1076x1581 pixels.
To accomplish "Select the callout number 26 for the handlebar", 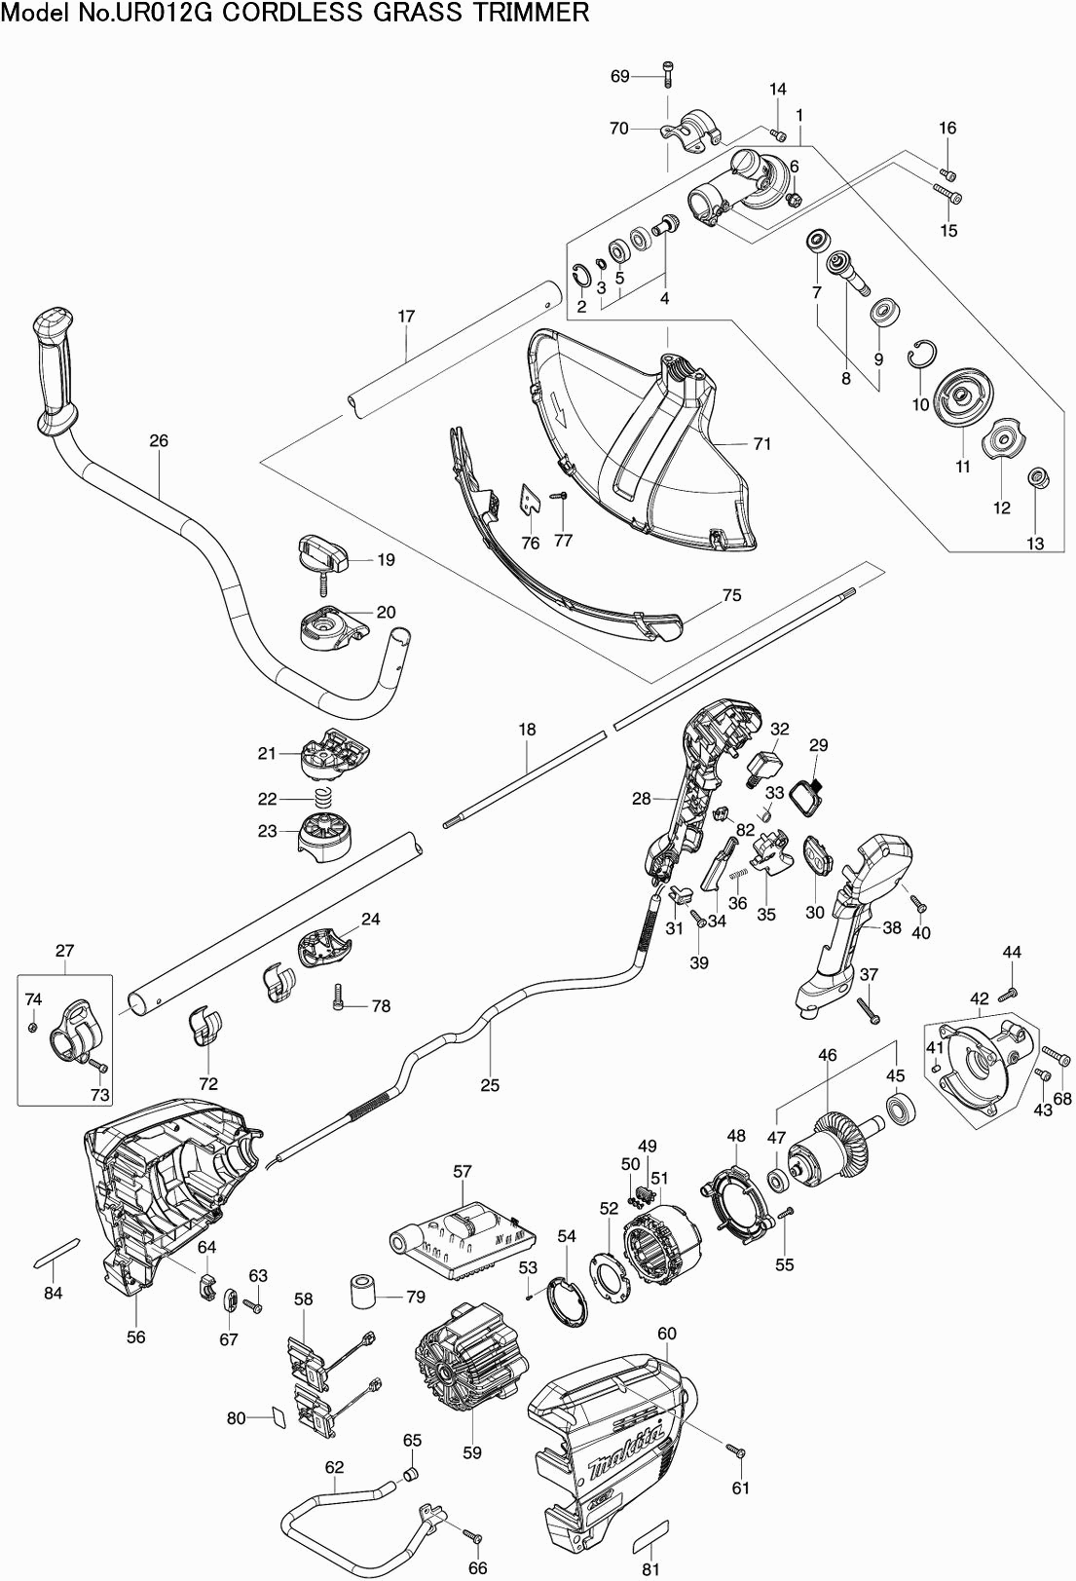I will pos(159,441).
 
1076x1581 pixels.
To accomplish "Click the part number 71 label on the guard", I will pos(762,443).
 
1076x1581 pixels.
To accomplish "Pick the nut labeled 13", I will pos(1038,478).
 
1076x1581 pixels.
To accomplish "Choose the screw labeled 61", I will pos(736,1451).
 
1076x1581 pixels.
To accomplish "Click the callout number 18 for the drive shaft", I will pos(527,730).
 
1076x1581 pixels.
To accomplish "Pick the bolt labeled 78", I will pos(338,996).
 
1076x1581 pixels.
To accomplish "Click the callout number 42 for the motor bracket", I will pos(980,998).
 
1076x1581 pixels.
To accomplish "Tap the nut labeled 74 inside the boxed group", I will pos(32,1027).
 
